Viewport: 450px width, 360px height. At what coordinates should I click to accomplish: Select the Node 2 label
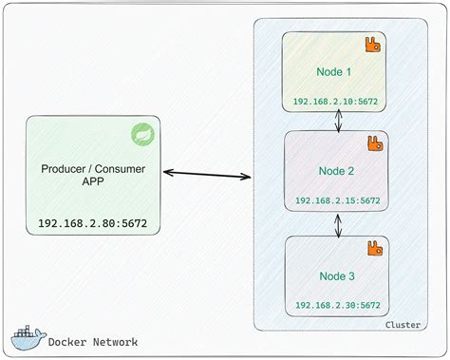tap(337, 171)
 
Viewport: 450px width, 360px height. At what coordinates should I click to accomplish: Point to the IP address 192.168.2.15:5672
tap(337, 200)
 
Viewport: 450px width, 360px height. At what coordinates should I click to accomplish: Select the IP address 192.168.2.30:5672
tap(337, 304)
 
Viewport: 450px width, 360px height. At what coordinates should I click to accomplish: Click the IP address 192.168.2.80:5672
tap(92, 224)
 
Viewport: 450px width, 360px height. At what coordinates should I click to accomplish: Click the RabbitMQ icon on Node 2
tap(376, 144)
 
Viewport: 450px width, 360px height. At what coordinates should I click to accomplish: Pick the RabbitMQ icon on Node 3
tap(376, 249)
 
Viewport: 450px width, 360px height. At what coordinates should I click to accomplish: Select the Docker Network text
tap(91, 342)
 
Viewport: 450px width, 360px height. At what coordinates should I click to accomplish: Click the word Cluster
tap(403, 326)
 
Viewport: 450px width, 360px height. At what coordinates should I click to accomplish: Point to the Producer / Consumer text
tap(92, 169)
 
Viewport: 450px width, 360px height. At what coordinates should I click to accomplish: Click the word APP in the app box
tap(92, 185)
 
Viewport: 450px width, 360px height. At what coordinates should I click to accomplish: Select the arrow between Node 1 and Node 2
tap(338, 121)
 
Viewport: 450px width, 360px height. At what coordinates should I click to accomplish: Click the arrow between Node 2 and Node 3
tap(338, 224)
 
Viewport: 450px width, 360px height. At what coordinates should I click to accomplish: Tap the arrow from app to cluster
tap(206, 174)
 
